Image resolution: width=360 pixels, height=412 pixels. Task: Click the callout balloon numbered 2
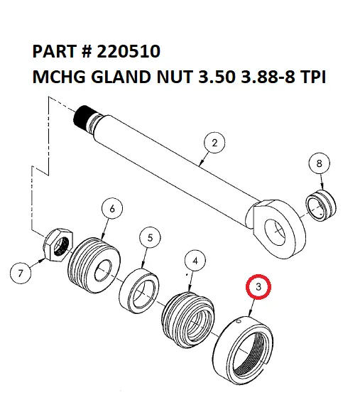(214, 143)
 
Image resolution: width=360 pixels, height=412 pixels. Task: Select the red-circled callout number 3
(259, 288)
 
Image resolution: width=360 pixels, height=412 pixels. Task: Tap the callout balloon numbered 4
(197, 261)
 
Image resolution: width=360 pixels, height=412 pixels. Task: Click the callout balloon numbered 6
(111, 208)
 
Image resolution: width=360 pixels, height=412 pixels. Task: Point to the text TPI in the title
(311, 77)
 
